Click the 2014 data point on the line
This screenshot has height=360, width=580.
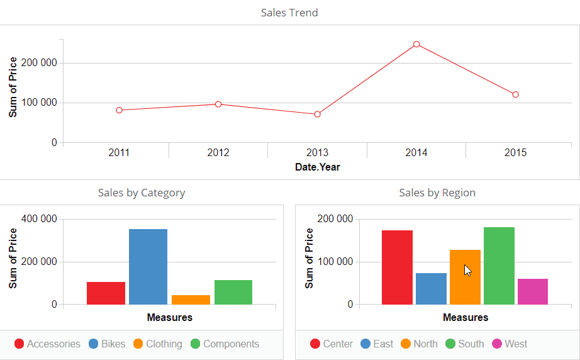tap(416, 44)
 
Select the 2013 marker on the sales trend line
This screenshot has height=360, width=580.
tap(317, 114)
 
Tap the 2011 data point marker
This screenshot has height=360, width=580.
tap(119, 110)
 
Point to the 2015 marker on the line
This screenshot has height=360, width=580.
tap(515, 94)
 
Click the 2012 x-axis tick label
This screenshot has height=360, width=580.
tap(218, 153)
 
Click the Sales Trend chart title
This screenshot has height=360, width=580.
tap(289, 13)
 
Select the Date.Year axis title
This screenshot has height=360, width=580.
tap(317, 167)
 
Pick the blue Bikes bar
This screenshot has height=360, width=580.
tap(148, 267)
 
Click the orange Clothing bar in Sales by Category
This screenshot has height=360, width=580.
tap(191, 300)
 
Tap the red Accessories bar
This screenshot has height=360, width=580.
tap(106, 293)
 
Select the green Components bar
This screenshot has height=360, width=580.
tap(233, 292)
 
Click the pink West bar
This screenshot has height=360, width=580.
tap(532, 291)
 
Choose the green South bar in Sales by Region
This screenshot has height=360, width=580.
tap(499, 266)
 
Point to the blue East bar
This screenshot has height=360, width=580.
tap(431, 288)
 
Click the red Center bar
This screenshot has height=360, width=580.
tap(397, 267)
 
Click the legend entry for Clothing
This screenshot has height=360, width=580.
tap(157, 344)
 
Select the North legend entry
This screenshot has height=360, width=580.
tap(419, 344)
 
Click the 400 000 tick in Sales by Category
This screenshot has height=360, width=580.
tap(40, 219)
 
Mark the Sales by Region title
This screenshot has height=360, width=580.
tap(437, 193)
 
